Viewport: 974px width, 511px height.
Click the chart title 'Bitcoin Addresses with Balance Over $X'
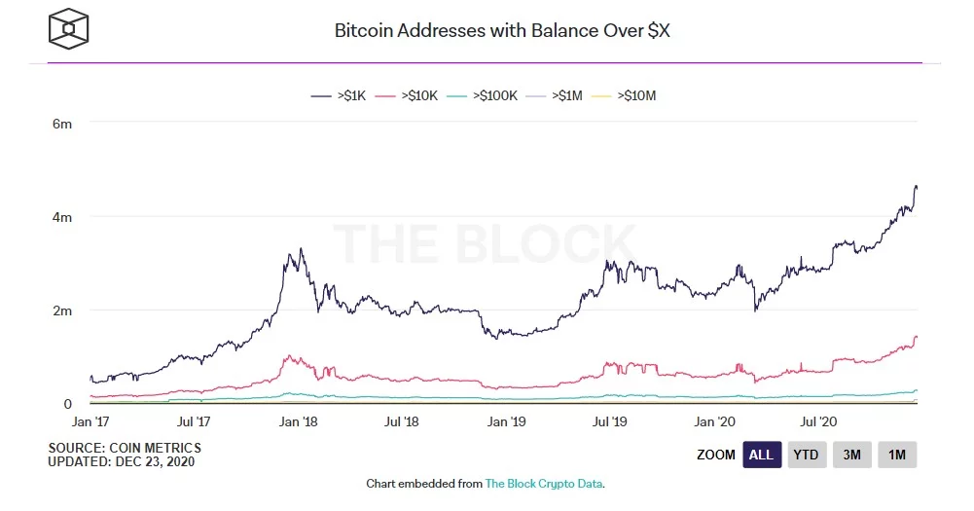pyautogui.click(x=501, y=30)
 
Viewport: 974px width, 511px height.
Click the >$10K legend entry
pyautogui.click(x=410, y=95)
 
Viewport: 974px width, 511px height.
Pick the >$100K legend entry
pyautogui.click(x=485, y=95)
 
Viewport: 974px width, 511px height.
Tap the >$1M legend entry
pyautogui.click(x=557, y=95)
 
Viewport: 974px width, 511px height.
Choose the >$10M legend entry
pyautogui.click(x=626, y=95)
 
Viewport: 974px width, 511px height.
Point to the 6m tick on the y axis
pyautogui.click(x=61, y=125)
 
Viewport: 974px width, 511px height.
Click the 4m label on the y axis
pyautogui.click(x=61, y=217)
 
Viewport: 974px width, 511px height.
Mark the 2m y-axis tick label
pyautogui.click(x=61, y=310)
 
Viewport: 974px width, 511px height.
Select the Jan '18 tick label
pyautogui.click(x=298, y=422)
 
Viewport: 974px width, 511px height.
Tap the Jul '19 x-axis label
pyautogui.click(x=610, y=422)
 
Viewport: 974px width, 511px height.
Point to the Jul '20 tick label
pyautogui.click(x=817, y=422)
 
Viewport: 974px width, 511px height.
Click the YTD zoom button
pyautogui.click(x=805, y=455)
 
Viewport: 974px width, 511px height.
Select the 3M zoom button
pyautogui.click(x=851, y=455)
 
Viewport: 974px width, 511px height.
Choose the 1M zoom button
pyautogui.click(x=897, y=455)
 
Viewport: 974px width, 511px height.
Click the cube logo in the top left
pyautogui.click(x=69, y=29)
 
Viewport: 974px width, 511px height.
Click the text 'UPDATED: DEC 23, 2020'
pyautogui.click(x=122, y=461)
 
